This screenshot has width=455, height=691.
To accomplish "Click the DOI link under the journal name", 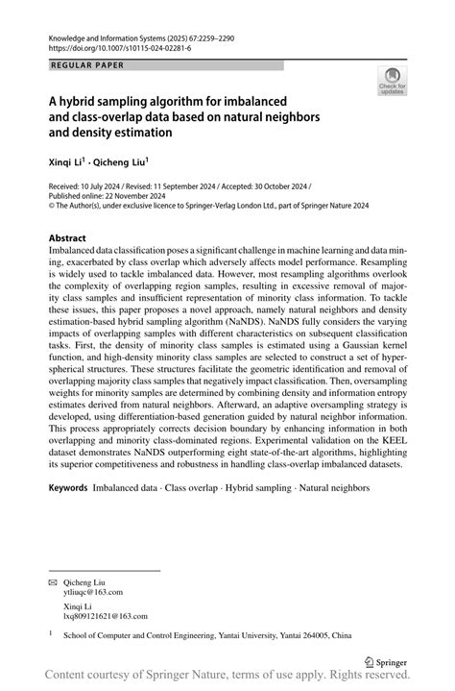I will pos(119,45).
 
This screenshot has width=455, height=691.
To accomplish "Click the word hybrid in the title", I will pos(81,100).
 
